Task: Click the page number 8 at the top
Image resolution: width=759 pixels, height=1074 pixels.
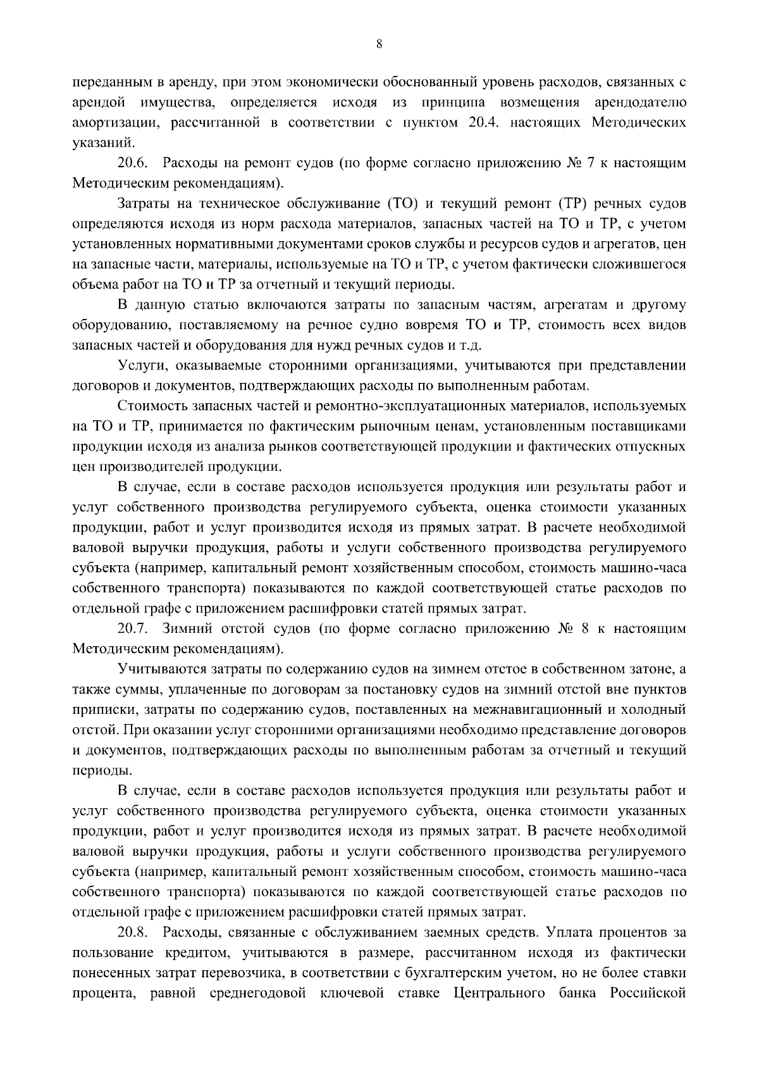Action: coord(379,44)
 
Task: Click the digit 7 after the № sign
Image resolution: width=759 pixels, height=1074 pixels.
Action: coord(591,163)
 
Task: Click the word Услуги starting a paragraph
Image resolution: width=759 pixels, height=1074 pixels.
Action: coord(138,366)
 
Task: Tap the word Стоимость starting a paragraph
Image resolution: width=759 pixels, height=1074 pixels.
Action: coord(147,406)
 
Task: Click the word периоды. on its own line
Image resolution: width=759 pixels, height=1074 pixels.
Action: coord(94,771)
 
